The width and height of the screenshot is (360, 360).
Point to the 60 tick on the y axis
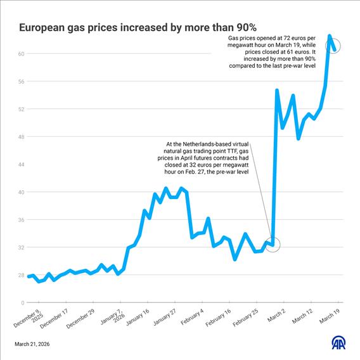click(21, 54)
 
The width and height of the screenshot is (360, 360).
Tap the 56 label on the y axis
click(21, 82)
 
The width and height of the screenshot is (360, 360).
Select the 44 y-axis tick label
click(21, 165)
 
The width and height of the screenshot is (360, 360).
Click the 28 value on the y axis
click(21, 275)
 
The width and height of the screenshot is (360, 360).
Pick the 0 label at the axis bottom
click(22, 303)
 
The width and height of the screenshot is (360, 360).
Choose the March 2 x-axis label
click(276, 314)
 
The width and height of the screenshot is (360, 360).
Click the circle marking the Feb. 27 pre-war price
click(273, 244)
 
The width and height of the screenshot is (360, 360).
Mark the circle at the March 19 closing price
click(334, 46)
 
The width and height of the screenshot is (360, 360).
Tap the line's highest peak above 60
click(329, 35)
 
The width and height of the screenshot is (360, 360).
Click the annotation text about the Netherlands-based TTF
click(207, 158)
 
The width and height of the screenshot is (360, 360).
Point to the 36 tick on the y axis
click(21, 220)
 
